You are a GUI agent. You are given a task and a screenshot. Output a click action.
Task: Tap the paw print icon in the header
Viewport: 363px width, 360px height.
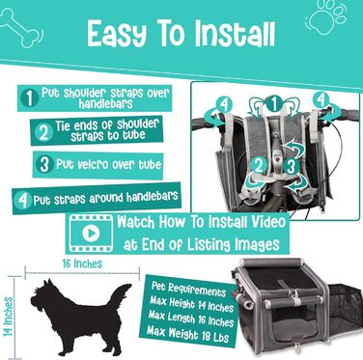point(326,15)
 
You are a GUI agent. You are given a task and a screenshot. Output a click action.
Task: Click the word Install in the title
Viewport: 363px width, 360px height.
point(235,34)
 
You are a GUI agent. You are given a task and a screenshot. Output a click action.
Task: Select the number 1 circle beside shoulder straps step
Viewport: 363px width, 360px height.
point(30,98)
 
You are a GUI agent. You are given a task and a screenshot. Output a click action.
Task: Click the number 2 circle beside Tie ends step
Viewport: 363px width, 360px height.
point(43,132)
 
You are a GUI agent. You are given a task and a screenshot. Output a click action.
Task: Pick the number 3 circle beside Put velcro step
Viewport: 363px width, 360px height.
point(44,164)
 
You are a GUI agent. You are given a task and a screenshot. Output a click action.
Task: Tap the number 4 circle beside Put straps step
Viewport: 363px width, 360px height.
point(23,200)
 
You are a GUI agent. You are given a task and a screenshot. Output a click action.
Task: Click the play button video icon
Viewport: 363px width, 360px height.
point(91,233)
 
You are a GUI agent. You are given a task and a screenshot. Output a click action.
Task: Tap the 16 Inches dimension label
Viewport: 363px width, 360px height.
point(82,263)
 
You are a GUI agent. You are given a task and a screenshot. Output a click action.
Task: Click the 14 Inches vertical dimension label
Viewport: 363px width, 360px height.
point(8,317)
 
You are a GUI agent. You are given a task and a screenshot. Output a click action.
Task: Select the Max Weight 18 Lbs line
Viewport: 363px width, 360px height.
point(188,334)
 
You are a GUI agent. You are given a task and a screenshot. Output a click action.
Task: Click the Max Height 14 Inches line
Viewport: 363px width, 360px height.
point(191,303)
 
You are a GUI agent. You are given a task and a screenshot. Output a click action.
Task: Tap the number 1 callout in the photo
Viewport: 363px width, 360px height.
point(274,104)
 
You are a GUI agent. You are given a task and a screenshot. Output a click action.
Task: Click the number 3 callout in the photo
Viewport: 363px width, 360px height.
point(291,166)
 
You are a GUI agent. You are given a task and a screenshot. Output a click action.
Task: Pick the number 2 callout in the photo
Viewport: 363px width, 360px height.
point(259,165)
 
